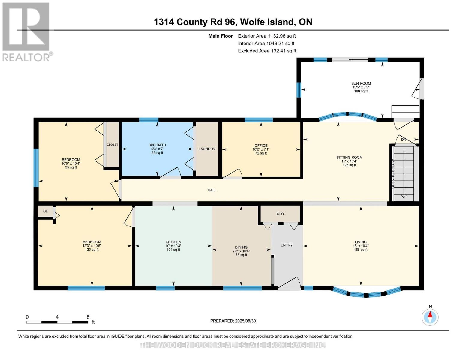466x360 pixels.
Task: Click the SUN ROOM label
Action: click(361, 83)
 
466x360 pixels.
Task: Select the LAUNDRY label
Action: click(207, 149)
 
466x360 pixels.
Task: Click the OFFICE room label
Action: click(261, 145)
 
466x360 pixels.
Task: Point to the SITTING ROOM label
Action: click(349, 157)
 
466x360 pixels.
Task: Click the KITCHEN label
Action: click(173, 242)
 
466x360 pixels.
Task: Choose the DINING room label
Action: click(241, 247)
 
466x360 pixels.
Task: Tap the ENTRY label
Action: click(286, 245)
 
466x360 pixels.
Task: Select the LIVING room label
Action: click(360, 242)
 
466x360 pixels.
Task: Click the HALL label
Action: click(212, 190)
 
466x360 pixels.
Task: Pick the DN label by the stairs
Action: click(404, 139)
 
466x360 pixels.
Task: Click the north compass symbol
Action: click(430, 316)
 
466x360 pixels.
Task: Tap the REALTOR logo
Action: click(26, 31)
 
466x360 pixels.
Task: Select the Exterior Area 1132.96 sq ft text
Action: click(266, 36)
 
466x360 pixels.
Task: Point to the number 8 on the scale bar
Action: click(88, 317)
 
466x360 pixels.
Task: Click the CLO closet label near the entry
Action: click(280, 214)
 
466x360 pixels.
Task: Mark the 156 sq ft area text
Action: click(360, 250)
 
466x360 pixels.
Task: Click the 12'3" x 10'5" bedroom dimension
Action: click(92, 246)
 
